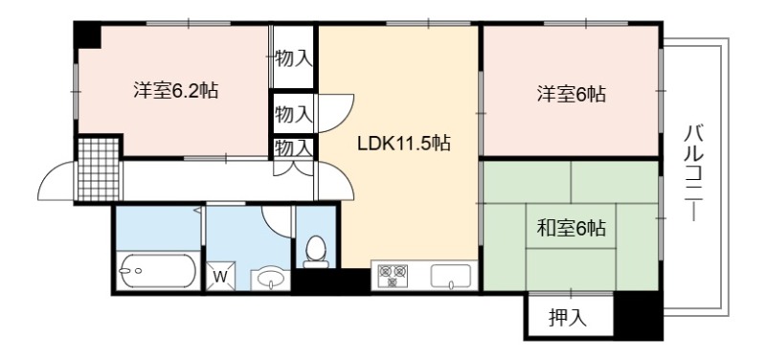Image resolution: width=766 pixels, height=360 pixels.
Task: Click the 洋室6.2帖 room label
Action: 175,91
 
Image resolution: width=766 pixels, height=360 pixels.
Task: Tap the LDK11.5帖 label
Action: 403,143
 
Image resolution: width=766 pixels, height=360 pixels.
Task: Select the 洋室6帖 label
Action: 571,93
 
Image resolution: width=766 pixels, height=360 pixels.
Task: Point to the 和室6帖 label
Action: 571,228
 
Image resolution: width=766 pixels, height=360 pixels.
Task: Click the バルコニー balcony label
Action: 692,173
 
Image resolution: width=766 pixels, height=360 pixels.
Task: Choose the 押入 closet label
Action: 567,319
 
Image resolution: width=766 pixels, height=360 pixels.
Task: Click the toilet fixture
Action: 316,252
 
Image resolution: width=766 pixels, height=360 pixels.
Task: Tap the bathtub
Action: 158,271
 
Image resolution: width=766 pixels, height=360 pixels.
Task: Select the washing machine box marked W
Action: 220,277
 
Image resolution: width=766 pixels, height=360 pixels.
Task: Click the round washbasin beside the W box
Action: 271,279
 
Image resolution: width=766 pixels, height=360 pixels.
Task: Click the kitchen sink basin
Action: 450,276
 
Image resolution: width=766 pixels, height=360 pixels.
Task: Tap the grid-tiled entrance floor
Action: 99,169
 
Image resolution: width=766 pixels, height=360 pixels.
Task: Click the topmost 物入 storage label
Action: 293,58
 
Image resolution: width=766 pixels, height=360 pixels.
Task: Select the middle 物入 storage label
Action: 293,115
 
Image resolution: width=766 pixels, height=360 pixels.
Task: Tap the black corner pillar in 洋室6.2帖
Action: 88,35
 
